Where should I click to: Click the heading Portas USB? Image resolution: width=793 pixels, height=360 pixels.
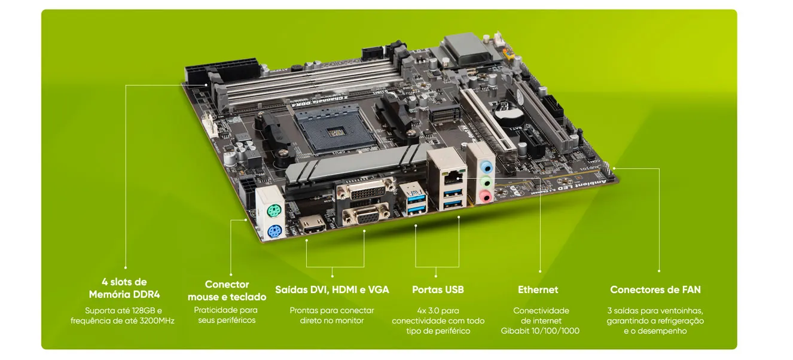[x=438, y=289]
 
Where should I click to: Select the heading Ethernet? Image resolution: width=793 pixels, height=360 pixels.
[x=538, y=289]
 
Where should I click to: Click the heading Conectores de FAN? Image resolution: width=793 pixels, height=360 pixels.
[x=655, y=289]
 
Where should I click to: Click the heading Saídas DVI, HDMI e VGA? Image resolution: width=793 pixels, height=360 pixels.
[x=332, y=289]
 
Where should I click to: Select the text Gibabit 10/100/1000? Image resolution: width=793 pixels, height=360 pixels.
[x=540, y=331]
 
